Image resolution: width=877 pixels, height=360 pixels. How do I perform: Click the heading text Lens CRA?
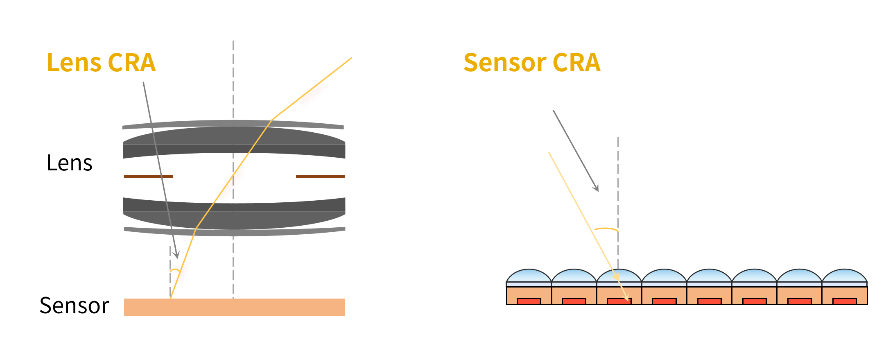pos(101,63)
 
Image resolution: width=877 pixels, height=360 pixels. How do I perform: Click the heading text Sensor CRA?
pos(532,63)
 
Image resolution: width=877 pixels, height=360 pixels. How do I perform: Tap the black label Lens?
pos(70,163)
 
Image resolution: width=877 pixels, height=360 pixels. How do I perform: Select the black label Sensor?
pos(74,305)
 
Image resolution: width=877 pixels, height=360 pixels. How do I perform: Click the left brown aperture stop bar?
pos(149,177)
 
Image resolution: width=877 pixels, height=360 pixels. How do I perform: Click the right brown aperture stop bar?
pos(321,177)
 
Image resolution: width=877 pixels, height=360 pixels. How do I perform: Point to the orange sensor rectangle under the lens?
pos(235,307)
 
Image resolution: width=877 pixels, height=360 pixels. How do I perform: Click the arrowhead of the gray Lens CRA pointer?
pos(176,255)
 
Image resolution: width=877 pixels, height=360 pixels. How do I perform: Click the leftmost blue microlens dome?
pos(529,276)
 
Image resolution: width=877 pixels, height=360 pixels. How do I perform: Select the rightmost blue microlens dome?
pos(845,276)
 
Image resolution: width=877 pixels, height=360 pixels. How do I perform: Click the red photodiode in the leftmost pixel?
pos(529,301)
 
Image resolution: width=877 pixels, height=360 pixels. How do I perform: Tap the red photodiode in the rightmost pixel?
pos(845,301)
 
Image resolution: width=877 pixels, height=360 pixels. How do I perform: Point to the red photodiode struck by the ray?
pos(619,301)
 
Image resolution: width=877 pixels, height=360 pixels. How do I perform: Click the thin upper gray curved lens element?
pos(233,124)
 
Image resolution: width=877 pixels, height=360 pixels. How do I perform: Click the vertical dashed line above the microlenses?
pos(618,203)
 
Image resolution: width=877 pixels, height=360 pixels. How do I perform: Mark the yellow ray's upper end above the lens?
pos(352,58)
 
